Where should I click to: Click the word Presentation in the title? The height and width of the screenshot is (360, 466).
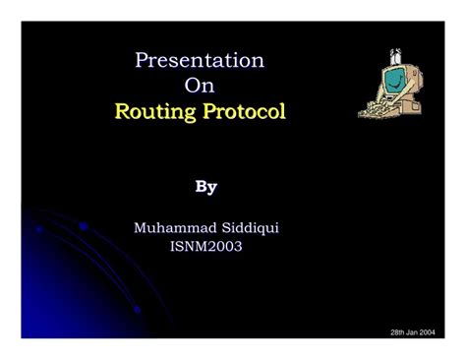(x=200, y=61)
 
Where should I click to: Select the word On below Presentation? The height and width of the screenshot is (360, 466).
(x=200, y=87)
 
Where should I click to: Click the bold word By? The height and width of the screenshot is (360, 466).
(x=205, y=186)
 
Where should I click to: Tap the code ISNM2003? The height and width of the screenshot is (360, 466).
(x=206, y=246)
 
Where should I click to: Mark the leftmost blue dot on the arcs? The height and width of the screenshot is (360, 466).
(x=39, y=228)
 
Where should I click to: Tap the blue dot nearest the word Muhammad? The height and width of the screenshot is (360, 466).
(x=84, y=225)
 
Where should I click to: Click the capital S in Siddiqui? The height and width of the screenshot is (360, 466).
(x=222, y=227)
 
